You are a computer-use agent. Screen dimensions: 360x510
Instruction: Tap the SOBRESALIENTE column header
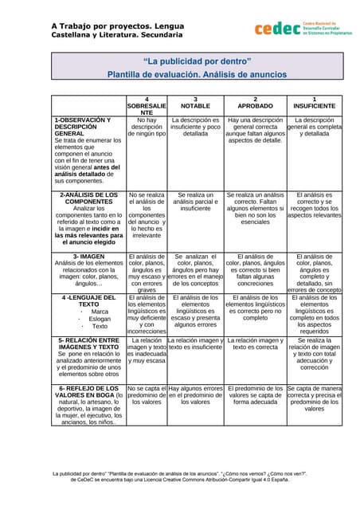[147, 106]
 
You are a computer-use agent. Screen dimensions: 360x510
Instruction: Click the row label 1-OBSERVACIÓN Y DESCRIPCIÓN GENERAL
[83, 130]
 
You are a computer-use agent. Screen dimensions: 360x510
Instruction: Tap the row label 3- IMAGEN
[88, 257]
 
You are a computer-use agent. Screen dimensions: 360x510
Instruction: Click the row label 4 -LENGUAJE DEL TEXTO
[88, 300]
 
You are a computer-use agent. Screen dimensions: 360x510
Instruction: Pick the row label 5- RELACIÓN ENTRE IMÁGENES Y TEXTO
[88, 343]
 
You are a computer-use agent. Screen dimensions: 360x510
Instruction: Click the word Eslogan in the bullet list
[100, 319]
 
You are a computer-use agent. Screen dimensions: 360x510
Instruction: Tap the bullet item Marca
[100, 312]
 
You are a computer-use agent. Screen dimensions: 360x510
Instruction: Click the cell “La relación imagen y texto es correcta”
[255, 343]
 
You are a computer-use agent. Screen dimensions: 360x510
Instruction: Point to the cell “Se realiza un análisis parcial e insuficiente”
[195, 202]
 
